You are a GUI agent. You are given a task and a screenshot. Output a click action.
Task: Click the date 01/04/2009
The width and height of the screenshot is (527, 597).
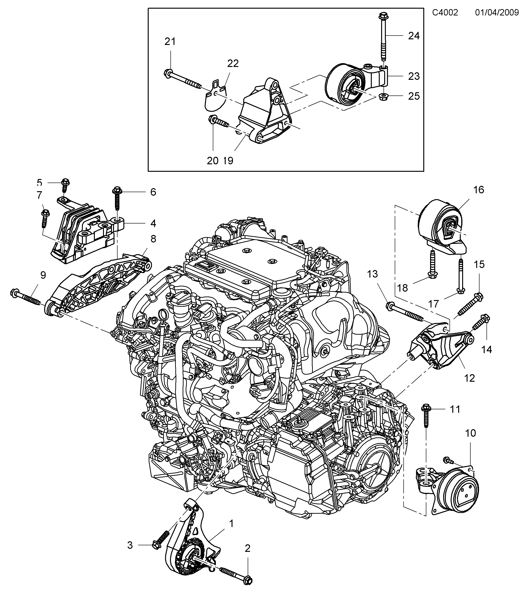tap(497, 13)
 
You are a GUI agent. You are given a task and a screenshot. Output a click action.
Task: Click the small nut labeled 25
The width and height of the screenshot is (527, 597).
tap(382, 97)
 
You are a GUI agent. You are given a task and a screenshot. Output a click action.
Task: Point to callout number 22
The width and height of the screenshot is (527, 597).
tap(233, 63)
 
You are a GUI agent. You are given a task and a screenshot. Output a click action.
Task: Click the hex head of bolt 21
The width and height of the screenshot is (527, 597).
tap(168, 73)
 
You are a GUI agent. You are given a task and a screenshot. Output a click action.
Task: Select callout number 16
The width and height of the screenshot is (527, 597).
tap(479, 190)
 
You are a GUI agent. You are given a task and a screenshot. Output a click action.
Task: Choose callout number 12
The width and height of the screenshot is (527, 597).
tap(469, 378)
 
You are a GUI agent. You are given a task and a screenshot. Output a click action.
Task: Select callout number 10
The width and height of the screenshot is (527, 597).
tap(470, 433)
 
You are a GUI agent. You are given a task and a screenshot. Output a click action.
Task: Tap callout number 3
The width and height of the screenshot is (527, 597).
tap(130, 545)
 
